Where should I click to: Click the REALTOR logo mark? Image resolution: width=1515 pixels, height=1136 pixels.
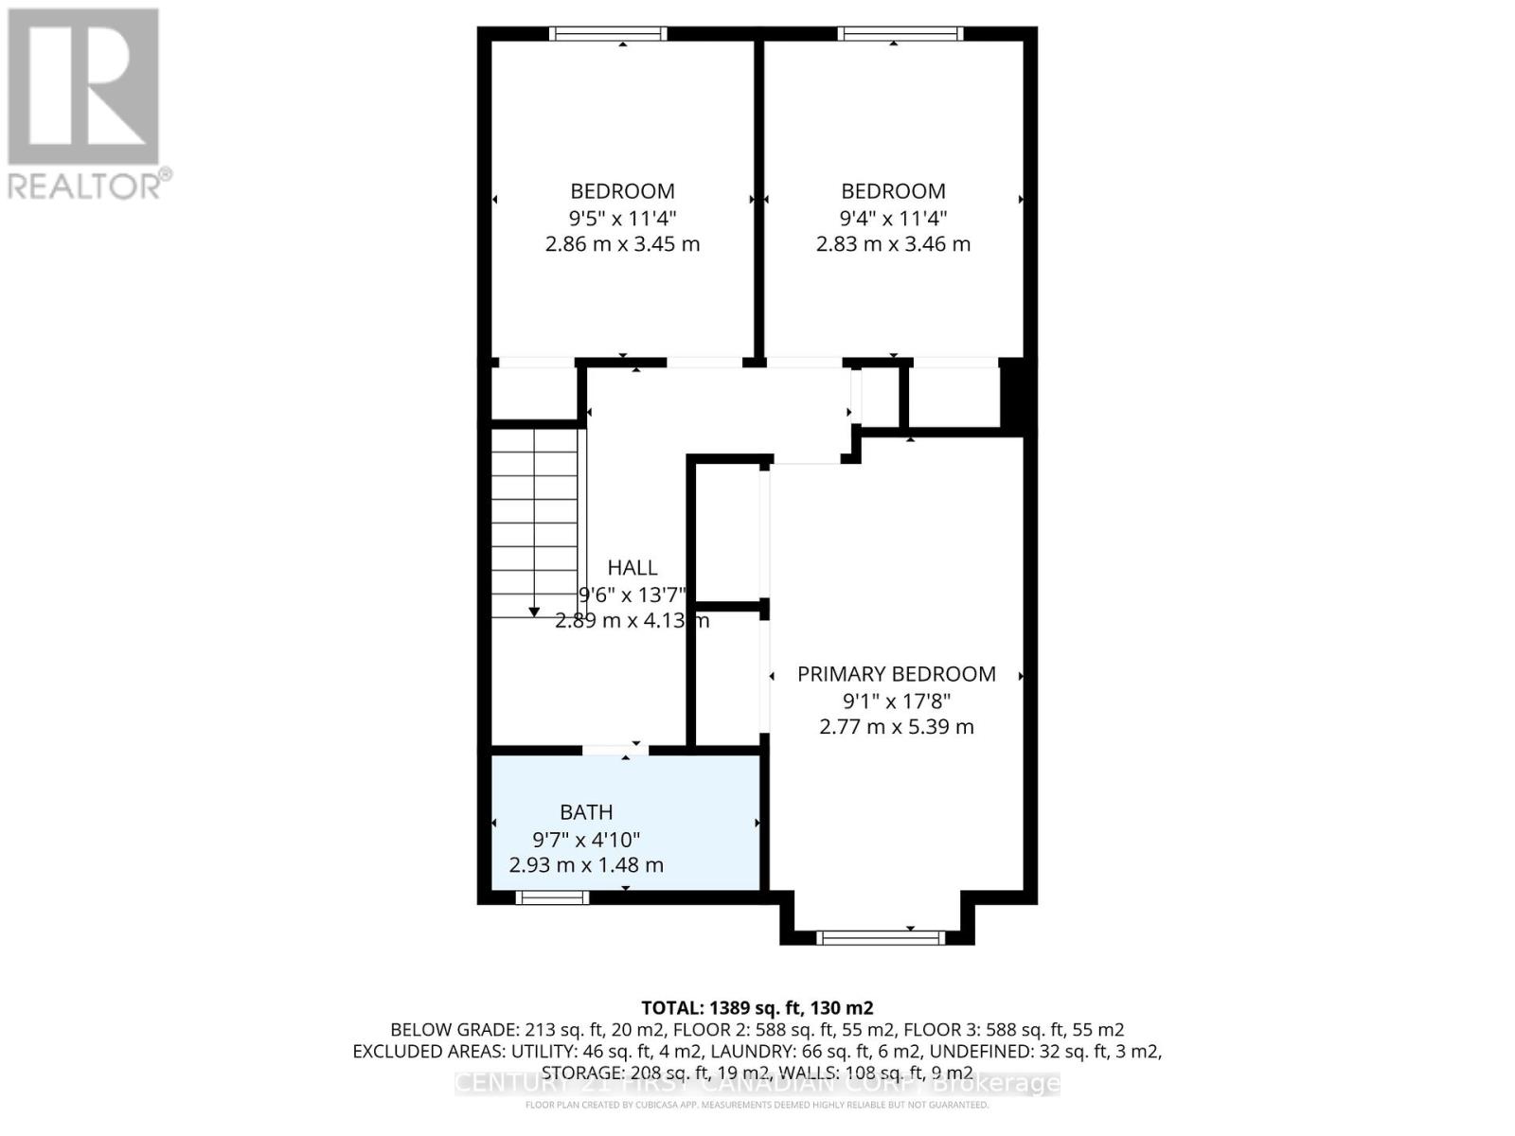click(83, 87)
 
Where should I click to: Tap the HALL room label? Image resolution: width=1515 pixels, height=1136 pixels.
click(632, 568)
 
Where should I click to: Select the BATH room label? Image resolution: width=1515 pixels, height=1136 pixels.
click(586, 812)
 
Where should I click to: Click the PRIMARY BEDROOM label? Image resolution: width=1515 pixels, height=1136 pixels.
click(896, 674)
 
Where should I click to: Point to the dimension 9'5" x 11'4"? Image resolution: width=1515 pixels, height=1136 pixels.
click(622, 218)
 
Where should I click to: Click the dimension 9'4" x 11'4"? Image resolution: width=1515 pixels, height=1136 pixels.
click(893, 218)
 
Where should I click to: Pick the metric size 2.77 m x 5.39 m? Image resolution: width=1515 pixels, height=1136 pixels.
click(896, 727)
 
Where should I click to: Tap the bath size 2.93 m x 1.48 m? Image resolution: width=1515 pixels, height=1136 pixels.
click(586, 865)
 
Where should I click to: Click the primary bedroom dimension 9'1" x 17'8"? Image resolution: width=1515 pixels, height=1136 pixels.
click(896, 701)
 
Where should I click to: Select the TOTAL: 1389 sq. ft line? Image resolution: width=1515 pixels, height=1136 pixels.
click(757, 1008)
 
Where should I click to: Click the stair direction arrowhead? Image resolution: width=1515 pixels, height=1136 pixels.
click(534, 612)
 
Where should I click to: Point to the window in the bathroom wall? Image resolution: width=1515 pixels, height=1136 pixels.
click(552, 897)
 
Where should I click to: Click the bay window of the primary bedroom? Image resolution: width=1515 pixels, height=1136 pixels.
click(881, 937)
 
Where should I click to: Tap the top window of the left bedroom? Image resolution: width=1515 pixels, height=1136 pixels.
click(609, 34)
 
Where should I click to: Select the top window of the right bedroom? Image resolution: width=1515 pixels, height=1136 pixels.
click(900, 34)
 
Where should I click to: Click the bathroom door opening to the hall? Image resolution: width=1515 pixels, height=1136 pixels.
click(615, 750)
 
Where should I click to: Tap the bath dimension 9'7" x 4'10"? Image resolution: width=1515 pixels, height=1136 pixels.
click(586, 839)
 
